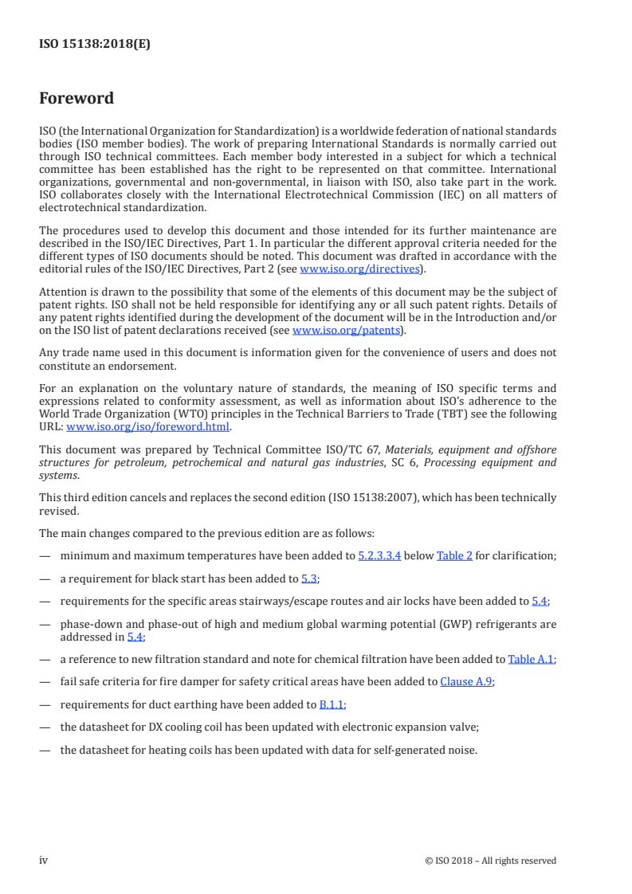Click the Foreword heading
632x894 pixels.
(77, 99)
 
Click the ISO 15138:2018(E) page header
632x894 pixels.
(95, 45)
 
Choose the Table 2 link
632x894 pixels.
(453, 555)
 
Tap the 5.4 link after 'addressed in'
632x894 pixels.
(135, 637)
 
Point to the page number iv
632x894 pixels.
(44, 860)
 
